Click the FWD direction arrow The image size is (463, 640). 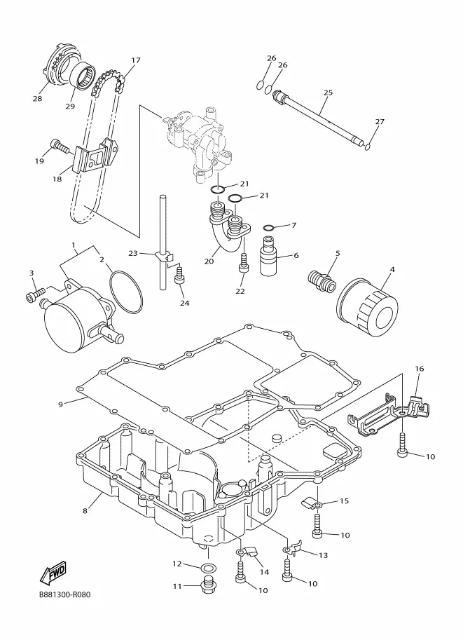coord(53,573)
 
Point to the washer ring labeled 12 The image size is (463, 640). coord(209,567)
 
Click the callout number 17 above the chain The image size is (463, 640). coord(136,60)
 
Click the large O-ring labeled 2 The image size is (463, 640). coord(126,292)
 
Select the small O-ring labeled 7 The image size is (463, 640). coord(269,227)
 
